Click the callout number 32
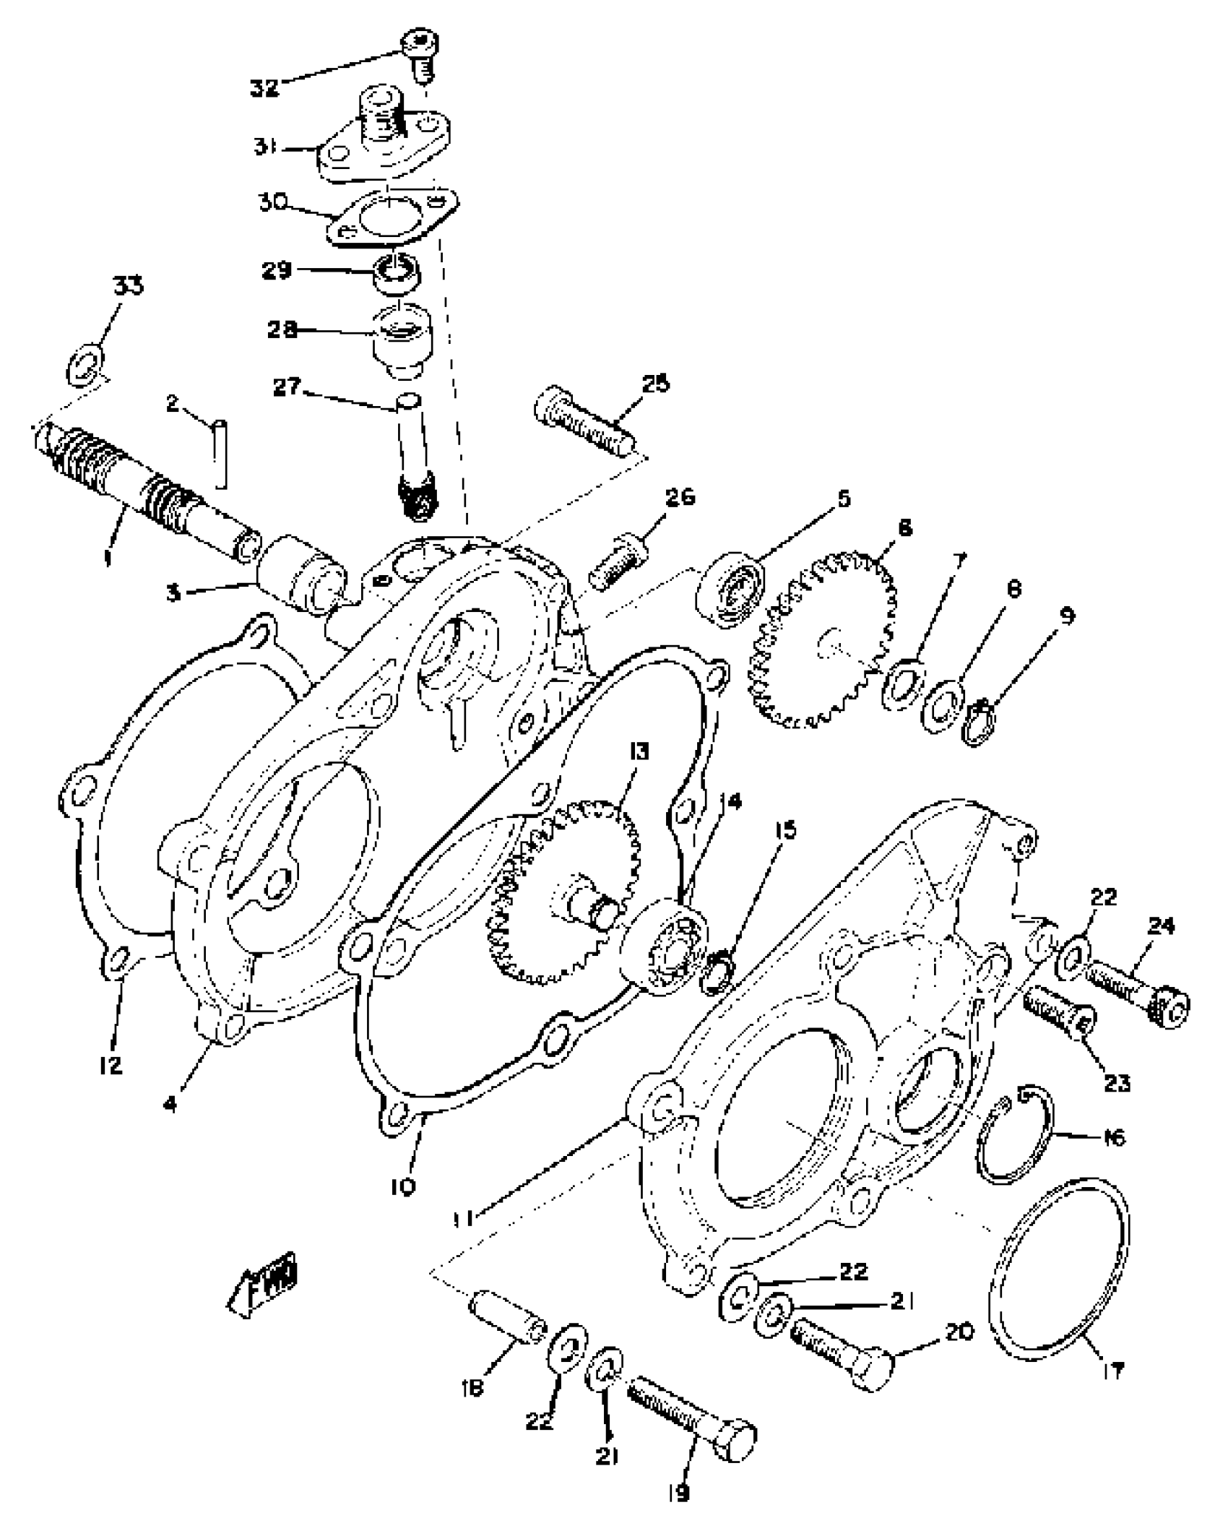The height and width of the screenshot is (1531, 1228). click(264, 89)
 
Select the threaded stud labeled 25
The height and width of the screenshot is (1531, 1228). click(584, 425)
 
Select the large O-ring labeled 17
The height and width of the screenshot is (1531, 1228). click(1058, 1275)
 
